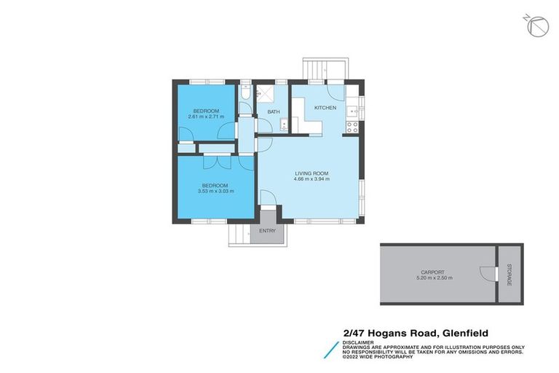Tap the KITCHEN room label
tap(325, 108)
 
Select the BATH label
tap(274, 111)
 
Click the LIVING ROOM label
tap(312, 173)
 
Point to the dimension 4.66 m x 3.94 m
tap(312, 179)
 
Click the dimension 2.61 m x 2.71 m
tap(206, 117)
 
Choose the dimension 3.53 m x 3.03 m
tap(216, 191)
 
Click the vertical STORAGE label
tap(509, 275)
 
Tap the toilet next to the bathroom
tap(246, 95)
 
